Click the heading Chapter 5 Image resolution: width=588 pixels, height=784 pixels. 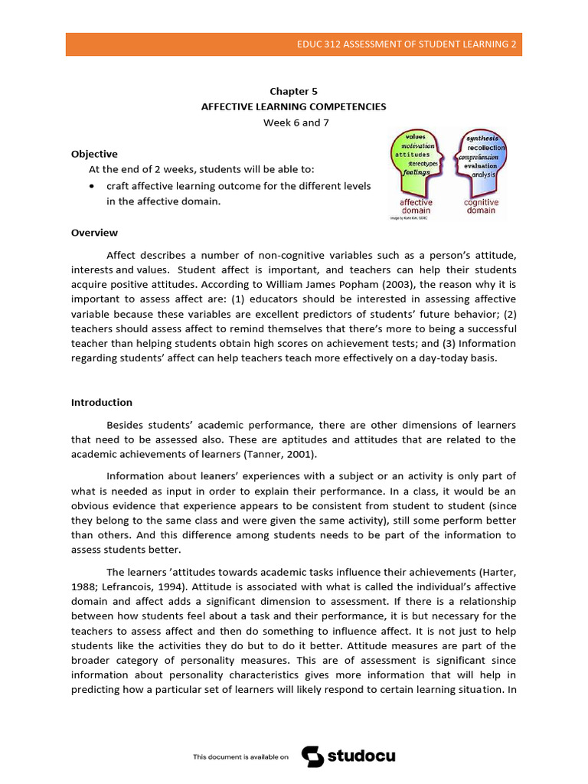point(294,91)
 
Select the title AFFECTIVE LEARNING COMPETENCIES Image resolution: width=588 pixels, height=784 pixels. point(294,106)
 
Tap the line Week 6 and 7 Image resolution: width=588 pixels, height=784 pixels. point(294,122)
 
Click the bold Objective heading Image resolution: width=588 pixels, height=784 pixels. point(94,154)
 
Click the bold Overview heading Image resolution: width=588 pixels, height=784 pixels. point(94,233)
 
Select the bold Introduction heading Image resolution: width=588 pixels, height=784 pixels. point(102,402)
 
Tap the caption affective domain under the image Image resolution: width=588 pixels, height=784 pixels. point(416,206)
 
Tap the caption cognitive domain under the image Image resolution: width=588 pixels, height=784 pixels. point(481,206)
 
